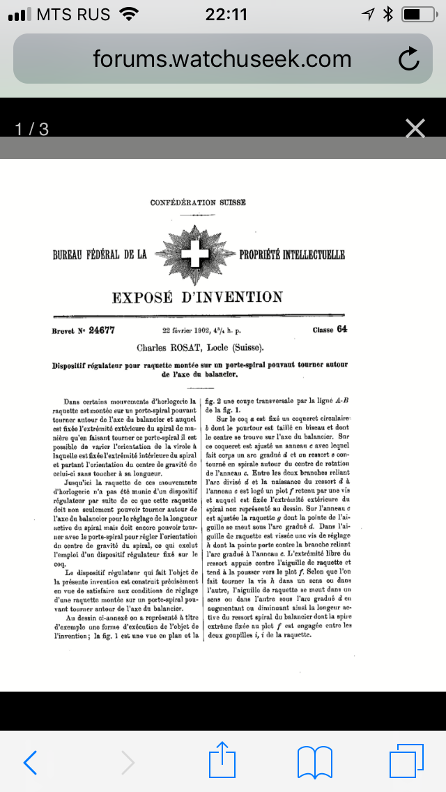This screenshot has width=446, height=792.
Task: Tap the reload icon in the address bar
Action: coord(409,59)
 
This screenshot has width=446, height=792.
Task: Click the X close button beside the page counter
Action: coord(415,128)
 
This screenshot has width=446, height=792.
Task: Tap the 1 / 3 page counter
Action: coord(32,129)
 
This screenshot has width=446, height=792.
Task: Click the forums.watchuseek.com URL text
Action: coord(222,59)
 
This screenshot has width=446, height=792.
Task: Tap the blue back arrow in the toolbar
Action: coord(30,763)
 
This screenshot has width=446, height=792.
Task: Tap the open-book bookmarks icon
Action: coord(314,763)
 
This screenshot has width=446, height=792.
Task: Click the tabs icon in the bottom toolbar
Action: coord(406,761)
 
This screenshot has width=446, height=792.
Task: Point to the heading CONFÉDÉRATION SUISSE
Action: coord(198,203)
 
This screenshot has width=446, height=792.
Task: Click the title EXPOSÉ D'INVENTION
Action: coord(198,298)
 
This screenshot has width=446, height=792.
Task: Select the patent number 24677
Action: coord(101,330)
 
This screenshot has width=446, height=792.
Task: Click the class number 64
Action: coord(341,330)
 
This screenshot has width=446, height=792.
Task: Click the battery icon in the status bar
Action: coord(418,14)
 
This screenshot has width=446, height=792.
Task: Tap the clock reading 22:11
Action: coord(226,14)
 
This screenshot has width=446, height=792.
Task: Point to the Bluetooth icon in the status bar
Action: coord(388,14)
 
